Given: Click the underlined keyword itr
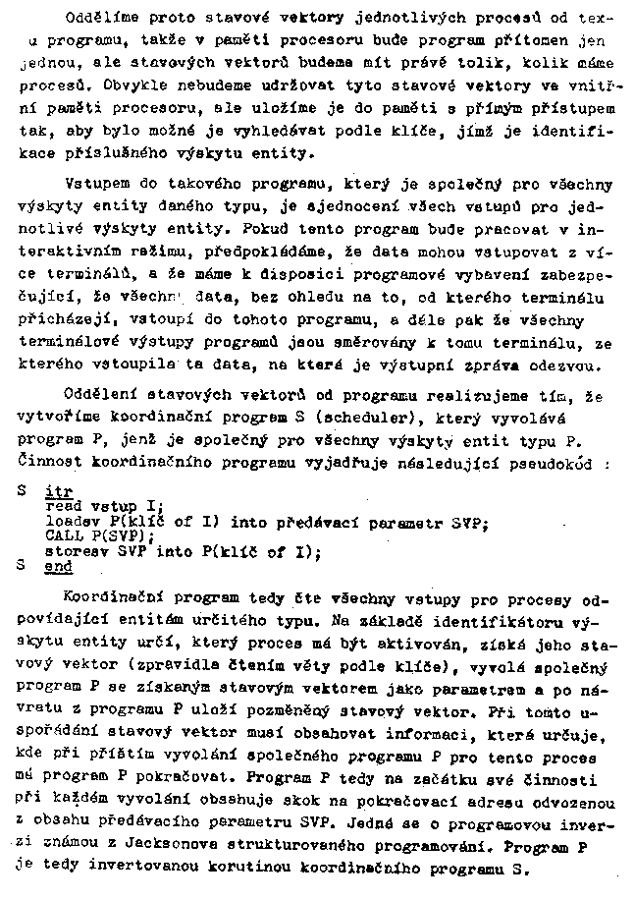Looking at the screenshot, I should (58, 488).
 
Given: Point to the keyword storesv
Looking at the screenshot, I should (72, 552).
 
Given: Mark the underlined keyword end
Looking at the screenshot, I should (58, 568).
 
